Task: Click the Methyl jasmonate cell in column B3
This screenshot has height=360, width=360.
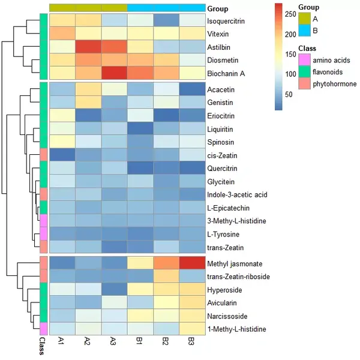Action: click(x=192, y=263)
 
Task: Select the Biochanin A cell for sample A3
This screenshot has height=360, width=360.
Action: click(x=114, y=73)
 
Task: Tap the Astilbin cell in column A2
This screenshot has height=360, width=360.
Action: click(x=88, y=47)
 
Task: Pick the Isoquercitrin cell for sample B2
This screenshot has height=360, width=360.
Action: click(x=166, y=20)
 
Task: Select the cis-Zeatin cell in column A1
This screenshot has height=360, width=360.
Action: click(x=62, y=155)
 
